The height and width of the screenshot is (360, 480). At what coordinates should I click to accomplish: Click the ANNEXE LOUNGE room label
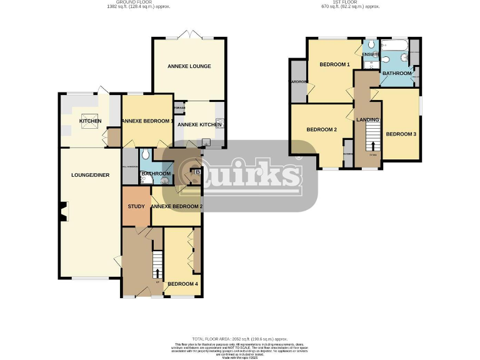click(x=189, y=66)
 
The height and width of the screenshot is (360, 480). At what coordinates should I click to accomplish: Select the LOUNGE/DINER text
click(x=90, y=175)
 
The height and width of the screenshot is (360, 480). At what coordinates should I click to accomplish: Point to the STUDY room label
click(x=136, y=206)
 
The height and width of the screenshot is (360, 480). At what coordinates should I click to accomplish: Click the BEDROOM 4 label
click(x=182, y=284)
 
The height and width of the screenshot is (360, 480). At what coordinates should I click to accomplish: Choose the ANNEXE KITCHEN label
click(x=199, y=125)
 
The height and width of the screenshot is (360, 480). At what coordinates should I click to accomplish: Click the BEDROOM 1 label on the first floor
click(x=335, y=65)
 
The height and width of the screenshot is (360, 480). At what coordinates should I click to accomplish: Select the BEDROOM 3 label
click(x=401, y=134)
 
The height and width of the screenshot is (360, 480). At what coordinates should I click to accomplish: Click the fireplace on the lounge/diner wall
click(x=62, y=213)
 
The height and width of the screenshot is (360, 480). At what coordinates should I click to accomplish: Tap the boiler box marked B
click(x=198, y=172)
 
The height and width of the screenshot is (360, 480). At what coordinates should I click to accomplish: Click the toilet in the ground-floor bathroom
click(x=145, y=154)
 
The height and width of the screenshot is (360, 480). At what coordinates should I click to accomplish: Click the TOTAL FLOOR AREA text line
click(x=240, y=339)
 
